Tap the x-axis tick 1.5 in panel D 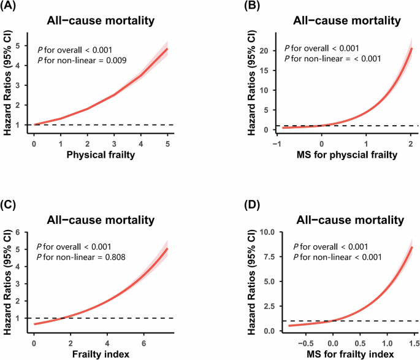414,341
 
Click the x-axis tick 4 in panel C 107,341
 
